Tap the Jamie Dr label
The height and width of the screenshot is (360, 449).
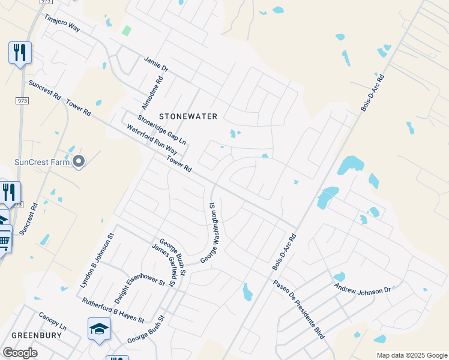(155, 65)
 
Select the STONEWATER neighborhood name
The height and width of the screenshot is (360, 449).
(188, 116)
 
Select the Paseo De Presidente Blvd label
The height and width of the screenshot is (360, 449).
(299, 310)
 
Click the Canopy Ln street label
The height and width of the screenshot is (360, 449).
(52, 323)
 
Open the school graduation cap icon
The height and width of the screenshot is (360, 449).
(99, 328)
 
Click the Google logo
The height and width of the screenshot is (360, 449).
(20, 353)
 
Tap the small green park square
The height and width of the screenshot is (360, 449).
(126, 31)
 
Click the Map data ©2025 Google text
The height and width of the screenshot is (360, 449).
(412, 355)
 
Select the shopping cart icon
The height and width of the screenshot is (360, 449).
(4, 241)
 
